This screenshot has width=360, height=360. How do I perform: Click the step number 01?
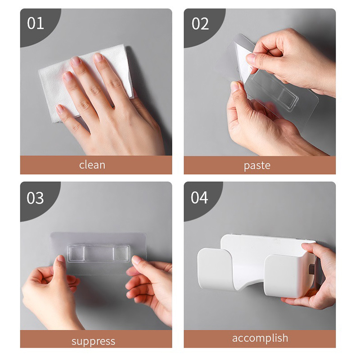[36, 23]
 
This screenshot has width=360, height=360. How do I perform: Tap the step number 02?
[200, 24]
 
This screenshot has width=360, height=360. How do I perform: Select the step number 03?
[35, 198]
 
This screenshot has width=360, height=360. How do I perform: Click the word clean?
[92, 165]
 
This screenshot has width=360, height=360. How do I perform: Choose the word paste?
[257, 166]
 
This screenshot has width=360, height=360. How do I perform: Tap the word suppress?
[93, 342]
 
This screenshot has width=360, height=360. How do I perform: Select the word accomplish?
[260, 338]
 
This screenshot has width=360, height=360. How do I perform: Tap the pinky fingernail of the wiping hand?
[60, 108]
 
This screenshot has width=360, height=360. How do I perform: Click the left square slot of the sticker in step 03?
[77, 253]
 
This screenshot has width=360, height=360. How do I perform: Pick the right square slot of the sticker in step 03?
[121, 253]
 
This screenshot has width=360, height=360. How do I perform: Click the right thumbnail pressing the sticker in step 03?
[137, 260]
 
